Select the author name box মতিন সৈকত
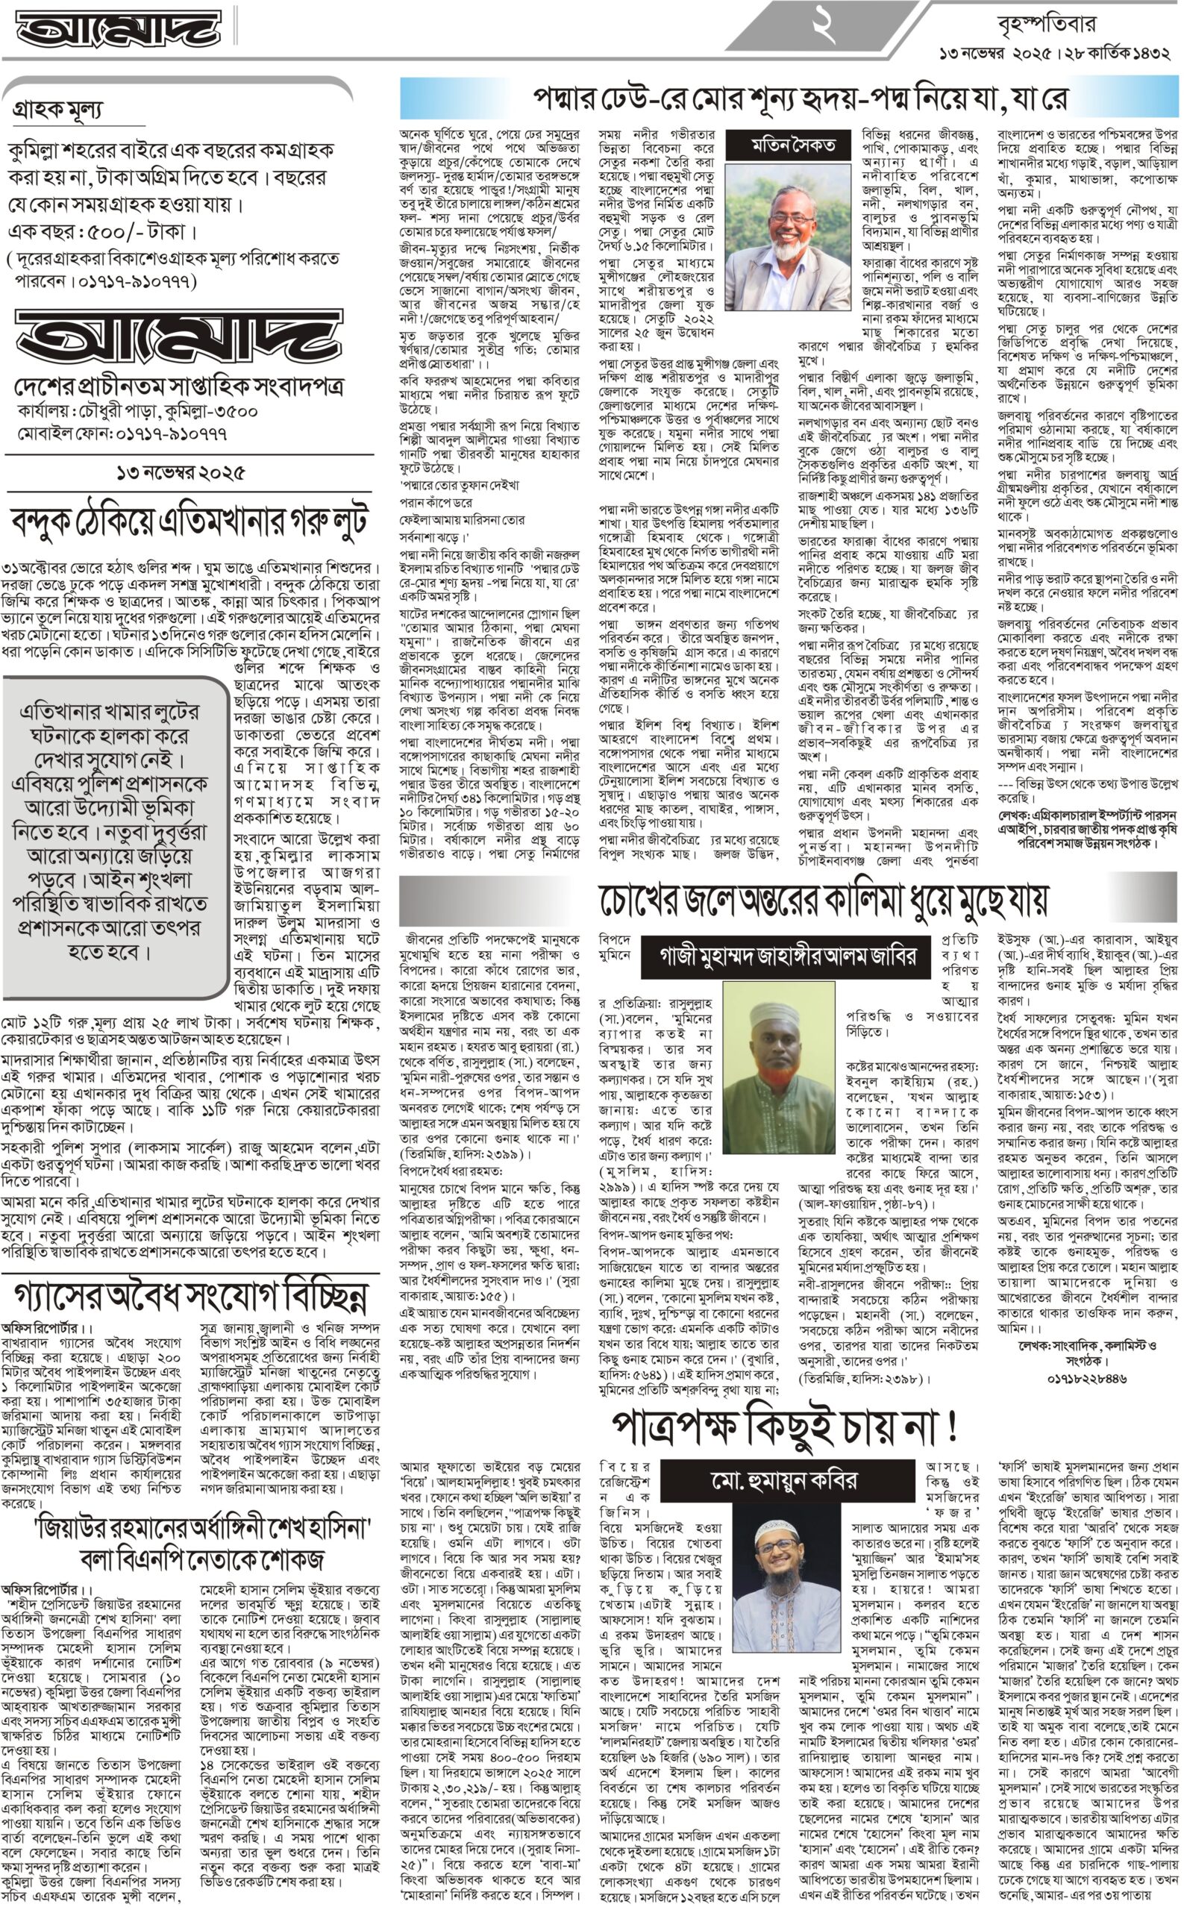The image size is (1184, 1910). [x=792, y=145]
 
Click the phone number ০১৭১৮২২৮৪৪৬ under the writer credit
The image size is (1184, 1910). [x=1087, y=1378]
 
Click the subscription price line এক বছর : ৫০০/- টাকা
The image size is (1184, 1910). [x=101, y=232]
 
